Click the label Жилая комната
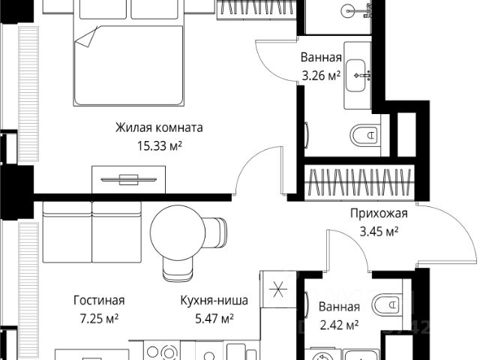[x=159, y=127]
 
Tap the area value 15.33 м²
[x=159, y=145]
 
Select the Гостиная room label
[x=99, y=300]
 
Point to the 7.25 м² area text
[x=99, y=319]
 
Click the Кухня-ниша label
[x=214, y=300]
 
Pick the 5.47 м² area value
[x=214, y=319]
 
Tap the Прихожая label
[x=379, y=213]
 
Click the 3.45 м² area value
[x=379, y=232]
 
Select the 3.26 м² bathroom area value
[x=321, y=76]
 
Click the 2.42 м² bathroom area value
[x=339, y=325]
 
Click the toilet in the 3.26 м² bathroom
[x=364, y=135]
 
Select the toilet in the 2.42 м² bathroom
[x=387, y=304]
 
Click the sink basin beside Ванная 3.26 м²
[x=355, y=75]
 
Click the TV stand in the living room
[x=128, y=180]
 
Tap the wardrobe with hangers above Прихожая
[x=359, y=182]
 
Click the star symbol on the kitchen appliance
[x=278, y=289]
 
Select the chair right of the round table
[x=216, y=232]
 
